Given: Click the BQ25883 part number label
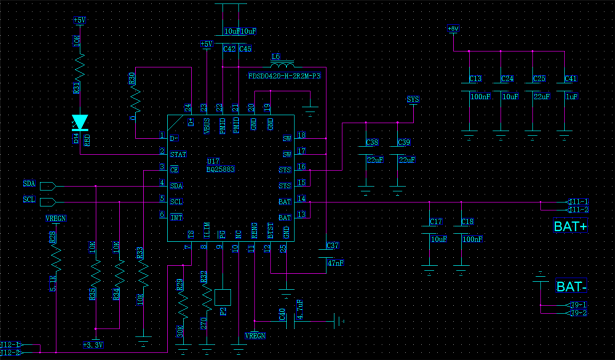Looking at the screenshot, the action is pyautogui.click(x=220, y=169).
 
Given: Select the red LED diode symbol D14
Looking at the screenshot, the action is pyautogui.click(x=80, y=122).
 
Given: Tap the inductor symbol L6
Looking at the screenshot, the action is pyautogui.click(x=282, y=65).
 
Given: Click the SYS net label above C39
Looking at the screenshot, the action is pyautogui.click(x=413, y=99).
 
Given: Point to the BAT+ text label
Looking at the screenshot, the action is pyautogui.click(x=570, y=226).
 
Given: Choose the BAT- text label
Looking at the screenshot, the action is pyautogui.click(x=571, y=286).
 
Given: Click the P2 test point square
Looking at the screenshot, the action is pyautogui.click(x=222, y=297).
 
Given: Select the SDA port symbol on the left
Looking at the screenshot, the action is pyautogui.click(x=48, y=186).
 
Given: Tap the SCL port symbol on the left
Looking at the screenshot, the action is pyautogui.click(x=48, y=202).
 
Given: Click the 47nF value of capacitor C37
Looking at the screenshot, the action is pyautogui.click(x=335, y=263).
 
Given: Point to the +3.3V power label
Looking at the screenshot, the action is pyautogui.click(x=93, y=345).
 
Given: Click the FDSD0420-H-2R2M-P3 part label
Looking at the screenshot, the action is pyautogui.click(x=284, y=76).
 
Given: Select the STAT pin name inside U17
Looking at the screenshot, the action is pyautogui.click(x=178, y=154).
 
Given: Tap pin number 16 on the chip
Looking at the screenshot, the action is pyautogui.click(x=301, y=166).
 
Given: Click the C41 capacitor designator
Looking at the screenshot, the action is pyautogui.click(x=571, y=78).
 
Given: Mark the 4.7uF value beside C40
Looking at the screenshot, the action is pyautogui.click(x=300, y=309).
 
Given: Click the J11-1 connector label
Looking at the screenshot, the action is pyautogui.click(x=578, y=202).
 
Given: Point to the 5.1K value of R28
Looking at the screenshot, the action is pyautogui.click(x=53, y=283).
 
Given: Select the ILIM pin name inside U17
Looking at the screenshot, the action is pyautogui.click(x=206, y=230).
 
